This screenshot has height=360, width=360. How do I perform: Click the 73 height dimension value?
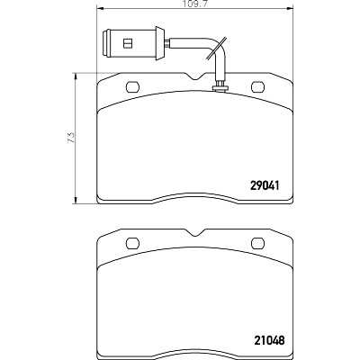71,138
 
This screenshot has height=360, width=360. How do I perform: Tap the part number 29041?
265,186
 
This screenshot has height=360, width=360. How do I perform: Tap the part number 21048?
269,340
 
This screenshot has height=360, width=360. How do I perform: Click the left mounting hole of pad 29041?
132,87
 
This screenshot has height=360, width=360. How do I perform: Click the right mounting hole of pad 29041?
258,87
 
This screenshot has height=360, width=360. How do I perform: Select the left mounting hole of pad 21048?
132,243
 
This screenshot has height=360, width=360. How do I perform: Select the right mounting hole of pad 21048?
258,243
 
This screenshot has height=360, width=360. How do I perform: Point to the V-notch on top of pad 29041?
195,76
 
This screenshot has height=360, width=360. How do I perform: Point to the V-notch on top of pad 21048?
195,232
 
